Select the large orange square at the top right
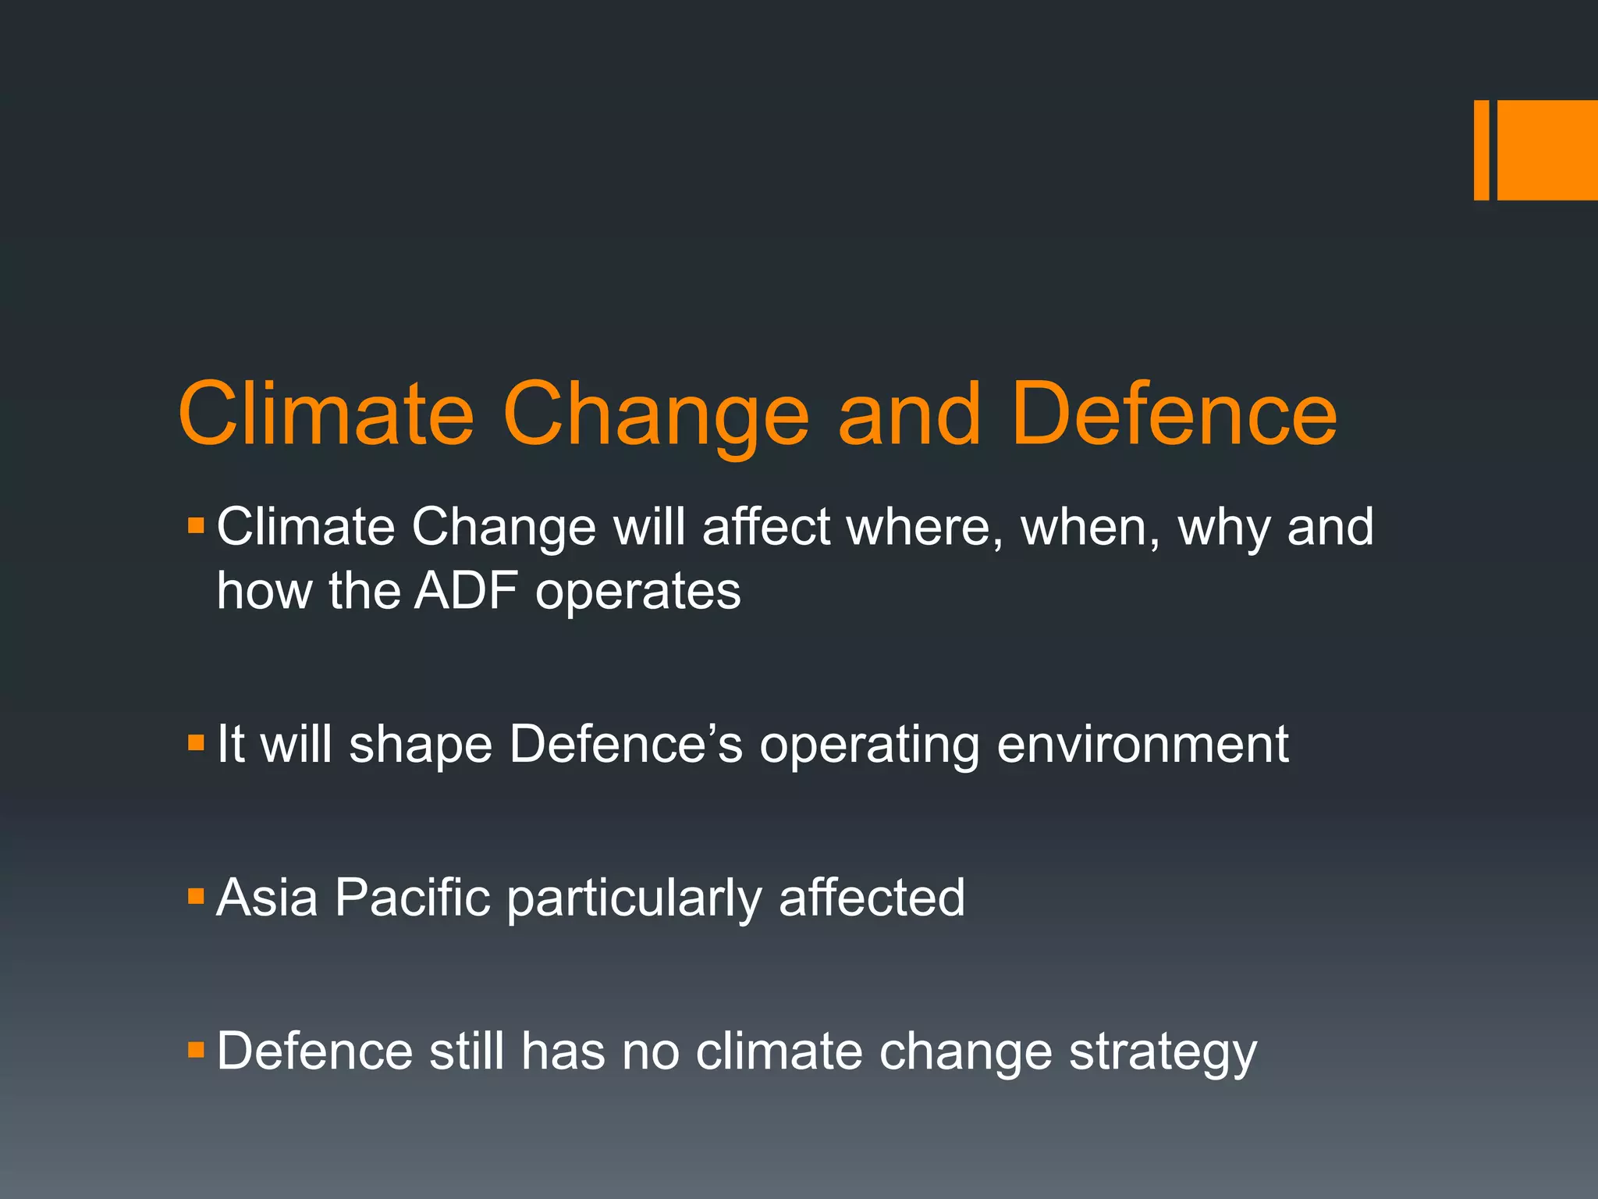[x=1547, y=150]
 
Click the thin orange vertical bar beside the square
[x=1481, y=150]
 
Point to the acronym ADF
[x=466, y=590]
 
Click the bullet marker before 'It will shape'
[x=196, y=742]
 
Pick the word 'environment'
[x=1142, y=744]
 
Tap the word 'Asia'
[x=267, y=898]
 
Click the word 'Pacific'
[x=412, y=898]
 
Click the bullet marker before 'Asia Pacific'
[x=196, y=895]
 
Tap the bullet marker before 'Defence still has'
[x=196, y=1049]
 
